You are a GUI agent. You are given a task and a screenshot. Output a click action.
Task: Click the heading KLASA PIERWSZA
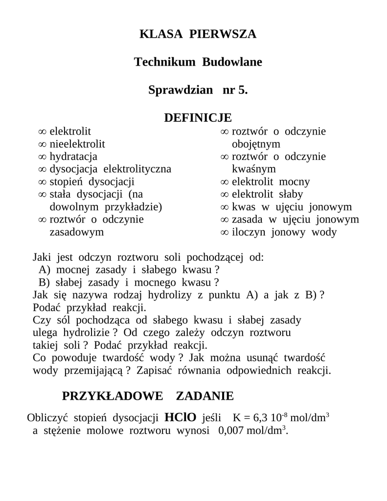[x=198, y=34]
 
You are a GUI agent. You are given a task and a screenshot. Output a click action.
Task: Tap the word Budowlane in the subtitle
[x=232, y=62]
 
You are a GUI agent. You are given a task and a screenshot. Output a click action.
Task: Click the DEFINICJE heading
[x=198, y=118]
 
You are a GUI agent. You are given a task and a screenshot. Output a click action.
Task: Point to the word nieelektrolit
[x=77, y=144]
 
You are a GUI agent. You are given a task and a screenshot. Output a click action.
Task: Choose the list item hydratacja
[x=73, y=157]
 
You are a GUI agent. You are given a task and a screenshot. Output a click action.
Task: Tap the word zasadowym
[x=77, y=232]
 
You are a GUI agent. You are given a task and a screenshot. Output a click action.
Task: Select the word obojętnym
[x=256, y=144]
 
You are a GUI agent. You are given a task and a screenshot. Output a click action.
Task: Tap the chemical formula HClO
[x=181, y=417]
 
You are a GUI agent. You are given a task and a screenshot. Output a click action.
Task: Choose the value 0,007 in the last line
[x=228, y=431]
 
